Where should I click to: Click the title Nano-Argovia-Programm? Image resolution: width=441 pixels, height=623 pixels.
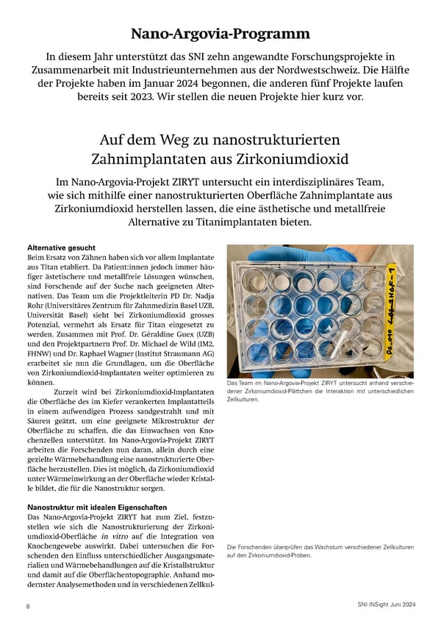220,34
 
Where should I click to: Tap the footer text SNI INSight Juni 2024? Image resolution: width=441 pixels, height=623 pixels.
381,605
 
